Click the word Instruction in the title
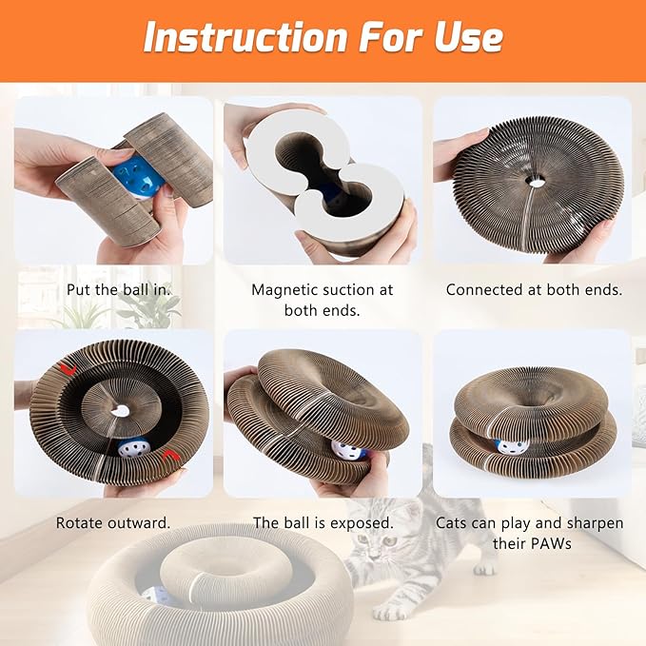[x=245, y=37]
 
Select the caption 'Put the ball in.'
[x=119, y=289]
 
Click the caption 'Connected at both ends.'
[x=534, y=289]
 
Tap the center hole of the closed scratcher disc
[x=537, y=181]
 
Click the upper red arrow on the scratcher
[x=68, y=369]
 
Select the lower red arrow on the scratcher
[x=169, y=456]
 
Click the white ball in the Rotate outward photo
[x=132, y=449]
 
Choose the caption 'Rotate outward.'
[x=113, y=523]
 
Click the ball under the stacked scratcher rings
[x=513, y=446]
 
